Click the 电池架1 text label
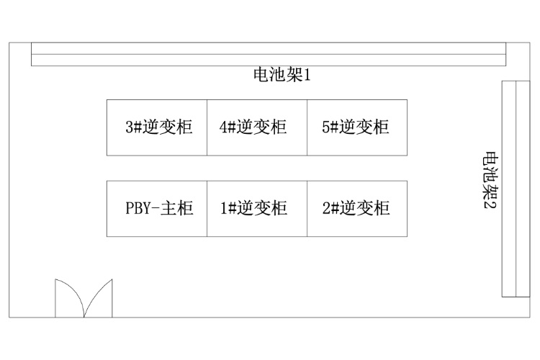281,74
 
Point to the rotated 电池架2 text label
491,180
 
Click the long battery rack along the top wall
269,55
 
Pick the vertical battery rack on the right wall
510,189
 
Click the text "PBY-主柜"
159,209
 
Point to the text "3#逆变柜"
159,127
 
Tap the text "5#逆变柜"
356,127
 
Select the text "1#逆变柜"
253,209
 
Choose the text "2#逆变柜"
356,209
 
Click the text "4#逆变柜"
253,127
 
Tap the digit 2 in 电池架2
491,204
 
